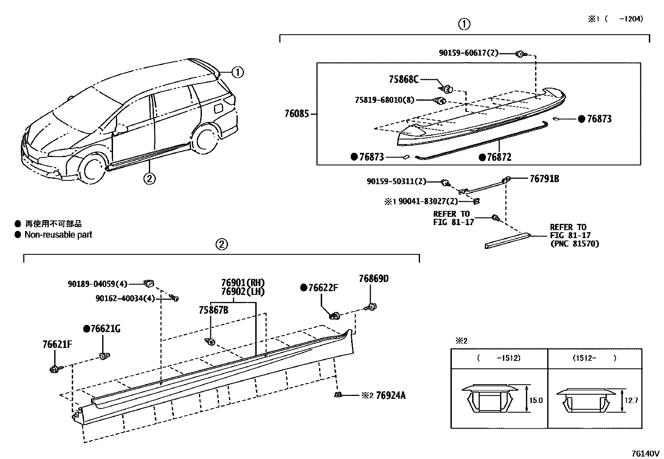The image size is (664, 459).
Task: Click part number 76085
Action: pos(297,113)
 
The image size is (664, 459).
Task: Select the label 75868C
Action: pos(403,79)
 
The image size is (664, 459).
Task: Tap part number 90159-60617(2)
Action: pos(468,53)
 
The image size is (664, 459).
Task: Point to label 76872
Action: pos(499,157)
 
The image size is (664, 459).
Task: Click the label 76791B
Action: pos(544,179)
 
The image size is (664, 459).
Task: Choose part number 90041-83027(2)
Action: pos(428,201)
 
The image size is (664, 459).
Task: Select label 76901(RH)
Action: pos(243,283)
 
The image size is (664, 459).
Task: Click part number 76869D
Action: pos(374,279)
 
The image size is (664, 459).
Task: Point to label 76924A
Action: pos(390,395)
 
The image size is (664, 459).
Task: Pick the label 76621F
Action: pos(58,345)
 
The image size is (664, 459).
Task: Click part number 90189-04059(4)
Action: pos(98,284)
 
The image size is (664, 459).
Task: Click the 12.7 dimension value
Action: pos(631,401)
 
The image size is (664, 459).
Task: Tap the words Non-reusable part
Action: pos(58,235)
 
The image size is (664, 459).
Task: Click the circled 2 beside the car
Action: pos(149,179)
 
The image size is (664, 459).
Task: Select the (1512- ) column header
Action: pos(595,358)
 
